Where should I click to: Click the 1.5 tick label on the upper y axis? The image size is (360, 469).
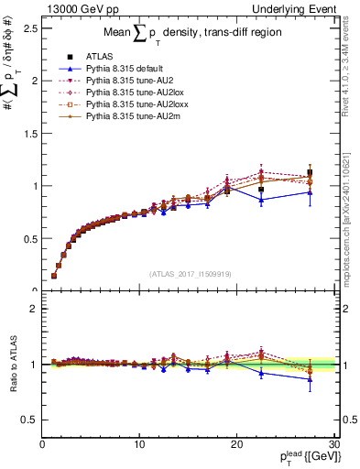pos(27,133)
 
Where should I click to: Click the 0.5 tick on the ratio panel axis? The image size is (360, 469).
pos(27,420)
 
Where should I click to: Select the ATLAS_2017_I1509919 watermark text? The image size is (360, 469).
pos(189,272)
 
